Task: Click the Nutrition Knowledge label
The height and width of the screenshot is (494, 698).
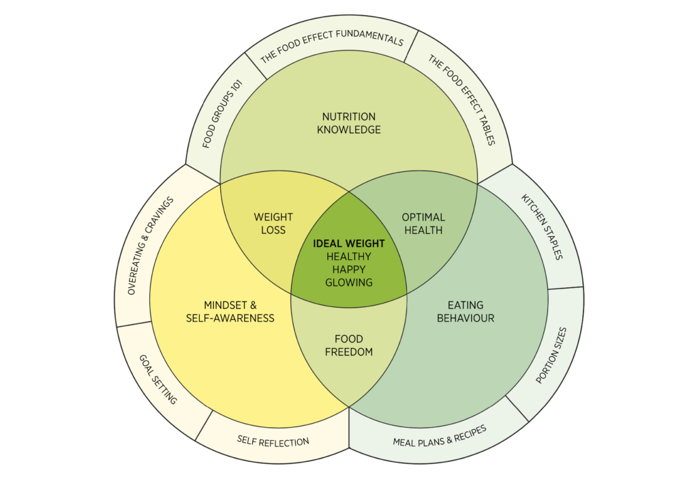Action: [x=348, y=123]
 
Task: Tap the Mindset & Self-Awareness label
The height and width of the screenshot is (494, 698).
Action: [x=230, y=311]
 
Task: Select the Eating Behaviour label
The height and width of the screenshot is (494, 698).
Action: [x=466, y=311]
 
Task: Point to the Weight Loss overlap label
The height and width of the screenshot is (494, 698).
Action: [x=273, y=223]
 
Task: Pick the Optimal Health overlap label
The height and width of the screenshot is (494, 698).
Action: [x=424, y=223]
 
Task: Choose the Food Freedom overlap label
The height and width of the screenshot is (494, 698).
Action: [x=349, y=345]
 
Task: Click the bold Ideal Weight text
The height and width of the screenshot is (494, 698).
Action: [x=349, y=244]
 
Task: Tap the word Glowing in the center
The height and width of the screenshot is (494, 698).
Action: [x=349, y=282]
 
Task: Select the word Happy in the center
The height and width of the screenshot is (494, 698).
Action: [x=349, y=269]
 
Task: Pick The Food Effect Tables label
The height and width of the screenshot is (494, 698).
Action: [x=461, y=100]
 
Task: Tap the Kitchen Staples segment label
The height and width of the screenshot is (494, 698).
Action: [x=543, y=227]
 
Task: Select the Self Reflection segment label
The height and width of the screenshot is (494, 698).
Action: [x=273, y=441]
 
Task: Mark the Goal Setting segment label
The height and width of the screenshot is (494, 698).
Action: [x=158, y=379]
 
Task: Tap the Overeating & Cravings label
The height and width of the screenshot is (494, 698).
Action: [x=151, y=246]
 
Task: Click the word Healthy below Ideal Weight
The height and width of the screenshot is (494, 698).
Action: [x=349, y=256]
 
